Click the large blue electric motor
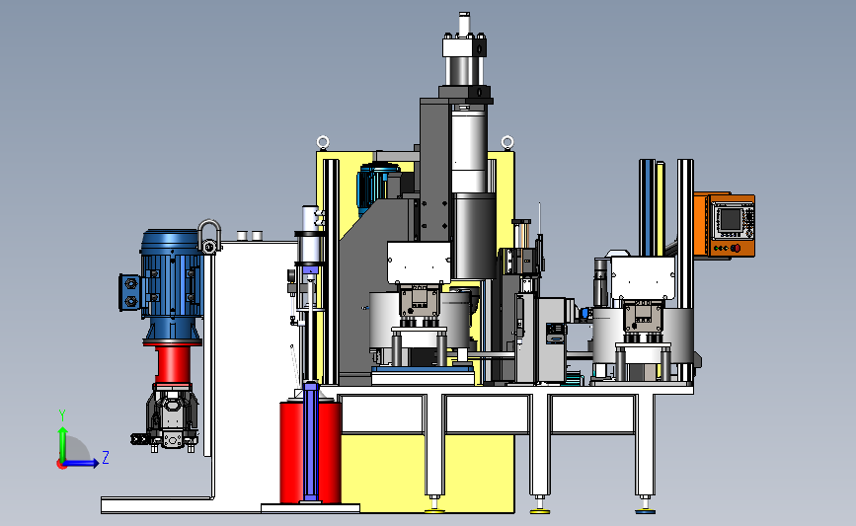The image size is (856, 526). coord(172,285)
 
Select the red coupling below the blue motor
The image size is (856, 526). coord(173,364)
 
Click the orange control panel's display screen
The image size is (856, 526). coord(731,220)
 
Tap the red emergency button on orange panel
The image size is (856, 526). coord(736,249)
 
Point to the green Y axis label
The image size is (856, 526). coord(62,415)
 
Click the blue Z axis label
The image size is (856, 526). coord(106,457)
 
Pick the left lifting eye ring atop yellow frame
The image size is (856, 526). coord(323,143)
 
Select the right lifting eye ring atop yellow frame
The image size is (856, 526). coord(507,143)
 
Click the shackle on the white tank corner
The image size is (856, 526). coord(209,237)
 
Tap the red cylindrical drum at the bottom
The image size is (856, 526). coord(310,452)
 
